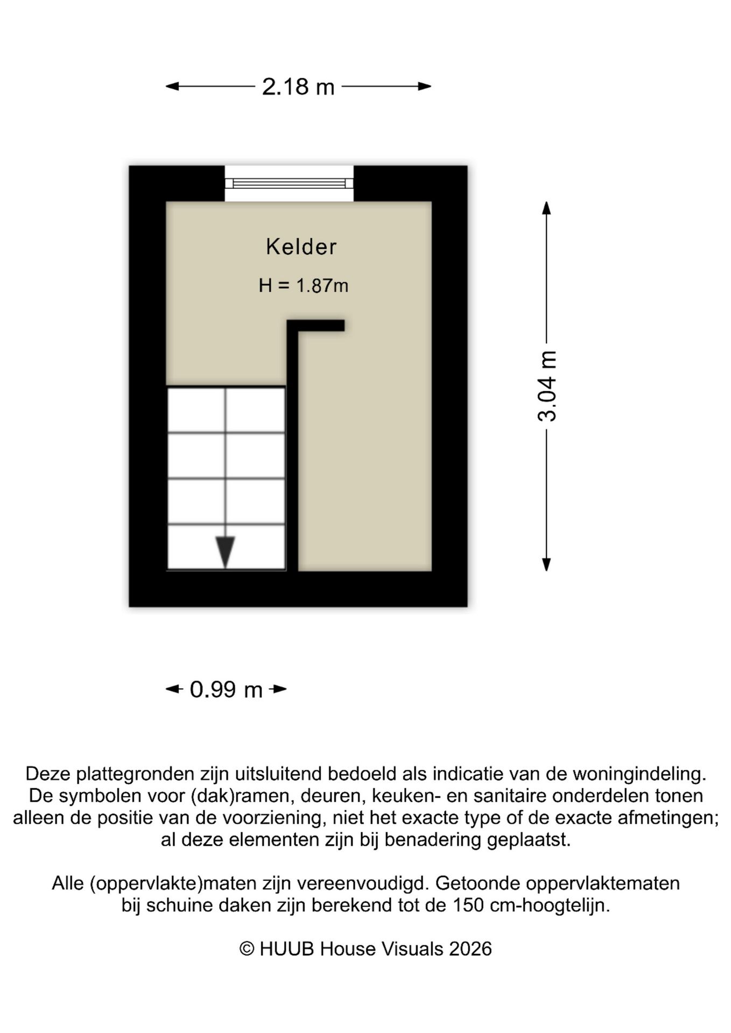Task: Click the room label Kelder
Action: click(301, 247)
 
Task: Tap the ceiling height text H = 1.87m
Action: click(303, 285)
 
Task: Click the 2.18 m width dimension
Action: click(298, 87)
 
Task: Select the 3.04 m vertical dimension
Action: click(547, 385)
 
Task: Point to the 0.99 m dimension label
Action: click(226, 690)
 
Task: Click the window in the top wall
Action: click(289, 183)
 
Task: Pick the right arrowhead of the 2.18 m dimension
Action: click(425, 86)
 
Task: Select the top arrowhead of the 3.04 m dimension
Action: click(546, 208)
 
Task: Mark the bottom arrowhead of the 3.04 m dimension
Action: click(546, 564)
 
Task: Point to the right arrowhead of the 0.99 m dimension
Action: click(280, 689)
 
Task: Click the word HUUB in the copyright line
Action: click(286, 949)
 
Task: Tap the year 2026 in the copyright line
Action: click(470, 949)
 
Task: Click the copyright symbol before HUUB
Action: click(247, 949)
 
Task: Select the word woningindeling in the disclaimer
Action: click(639, 774)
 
